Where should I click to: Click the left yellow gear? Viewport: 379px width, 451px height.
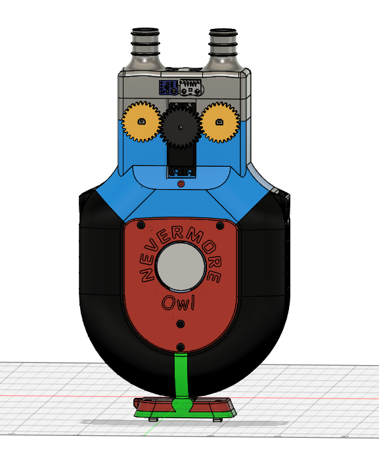141,121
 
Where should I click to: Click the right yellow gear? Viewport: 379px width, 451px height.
220,122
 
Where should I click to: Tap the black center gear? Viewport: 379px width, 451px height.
181,127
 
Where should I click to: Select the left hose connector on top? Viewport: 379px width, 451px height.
145,49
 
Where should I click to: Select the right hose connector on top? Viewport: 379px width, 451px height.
223,49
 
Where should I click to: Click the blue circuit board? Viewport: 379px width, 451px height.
168,87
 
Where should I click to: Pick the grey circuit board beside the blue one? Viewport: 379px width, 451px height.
190,87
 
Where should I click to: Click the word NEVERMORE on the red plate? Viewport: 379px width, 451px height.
181,251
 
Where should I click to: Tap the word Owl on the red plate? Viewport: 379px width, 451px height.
179,303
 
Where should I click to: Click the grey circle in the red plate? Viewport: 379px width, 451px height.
181,265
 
